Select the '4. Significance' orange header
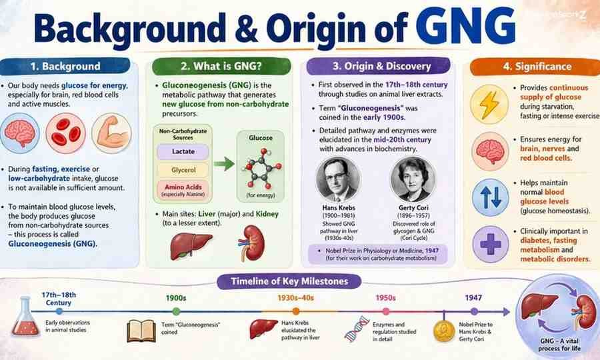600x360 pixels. tap(528, 66)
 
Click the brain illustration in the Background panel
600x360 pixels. tap(22, 131)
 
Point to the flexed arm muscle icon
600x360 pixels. tap(111, 131)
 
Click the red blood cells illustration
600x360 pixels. tap(67, 131)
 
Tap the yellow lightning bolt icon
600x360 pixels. tap(490, 105)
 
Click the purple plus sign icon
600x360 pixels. tap(490, 243)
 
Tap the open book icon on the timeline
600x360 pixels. tap(141, 329)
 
